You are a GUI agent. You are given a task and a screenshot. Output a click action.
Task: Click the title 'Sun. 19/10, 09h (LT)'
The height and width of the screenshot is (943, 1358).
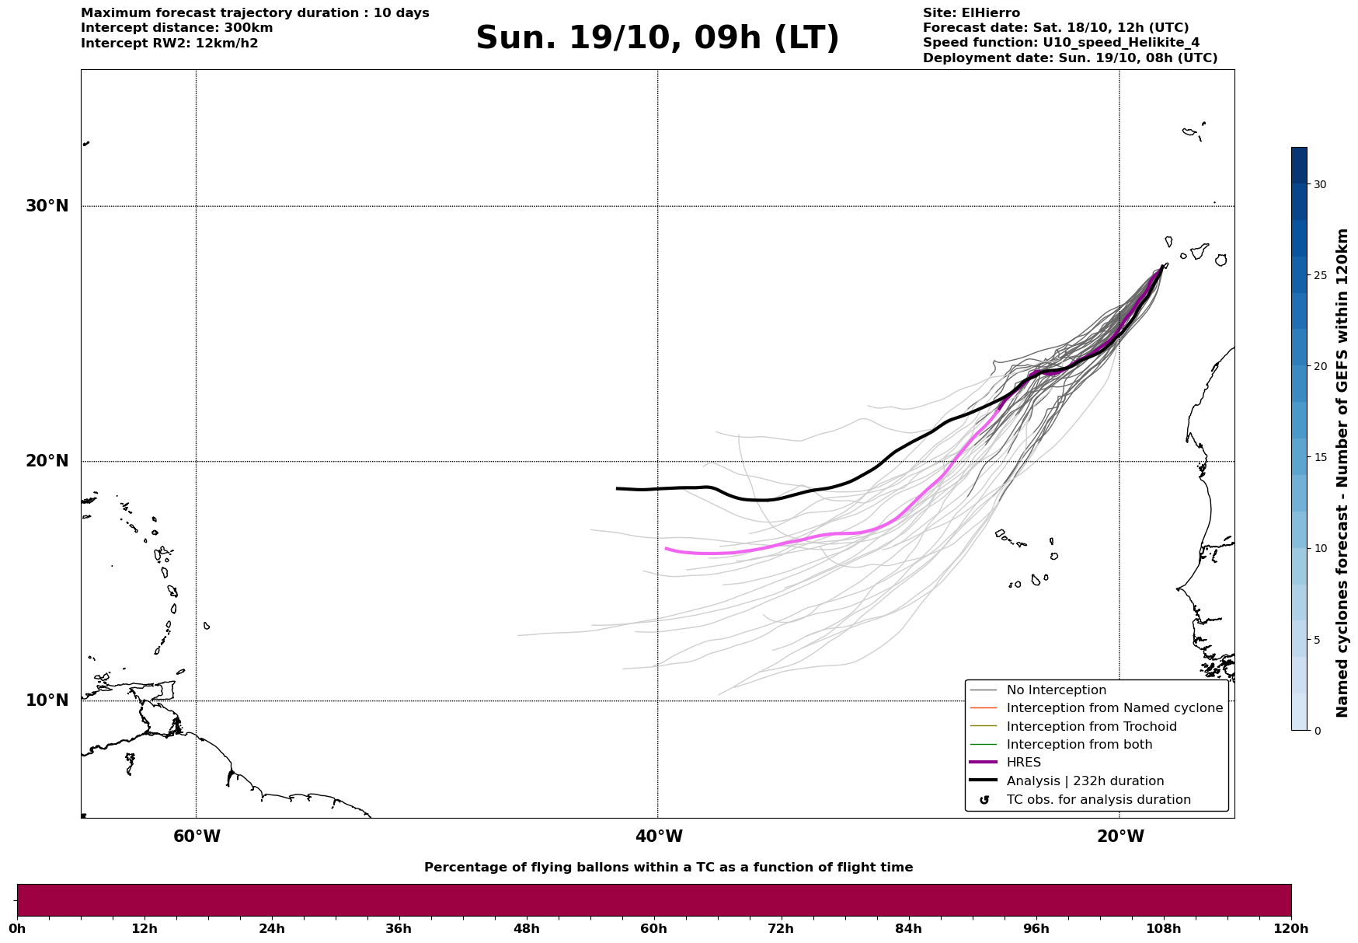tap(657, 38)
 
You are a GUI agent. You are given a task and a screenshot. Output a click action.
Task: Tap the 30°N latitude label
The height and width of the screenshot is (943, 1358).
tap(47, 206)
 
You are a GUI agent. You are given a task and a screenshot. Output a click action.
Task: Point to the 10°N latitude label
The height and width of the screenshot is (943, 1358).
tap(47, 700)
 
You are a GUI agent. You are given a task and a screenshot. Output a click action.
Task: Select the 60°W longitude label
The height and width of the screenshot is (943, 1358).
tap(197, 836)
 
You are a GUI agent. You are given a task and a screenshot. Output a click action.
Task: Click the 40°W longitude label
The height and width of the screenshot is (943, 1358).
tap(659, 836)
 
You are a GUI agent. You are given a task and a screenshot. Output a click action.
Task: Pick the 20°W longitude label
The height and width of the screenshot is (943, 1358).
tap(1120, 836)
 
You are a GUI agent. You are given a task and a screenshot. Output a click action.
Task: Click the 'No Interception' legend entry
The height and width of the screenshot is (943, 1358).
tap(1056, 690)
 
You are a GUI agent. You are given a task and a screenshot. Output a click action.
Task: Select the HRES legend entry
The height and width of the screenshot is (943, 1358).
tap(1023, 763)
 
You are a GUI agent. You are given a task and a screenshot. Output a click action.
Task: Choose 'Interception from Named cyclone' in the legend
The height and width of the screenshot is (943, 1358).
tap(1114, 708)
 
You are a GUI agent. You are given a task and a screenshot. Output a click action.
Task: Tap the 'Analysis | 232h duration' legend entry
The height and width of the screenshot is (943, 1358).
tap(1085, 781)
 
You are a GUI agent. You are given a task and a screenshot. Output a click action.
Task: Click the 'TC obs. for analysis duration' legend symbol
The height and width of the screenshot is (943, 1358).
tap(984, 800)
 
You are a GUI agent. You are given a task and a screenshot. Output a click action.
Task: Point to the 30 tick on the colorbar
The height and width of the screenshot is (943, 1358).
tap(1319, 184)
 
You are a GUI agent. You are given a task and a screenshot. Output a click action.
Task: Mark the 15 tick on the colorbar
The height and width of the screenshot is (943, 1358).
tap(1319, 457)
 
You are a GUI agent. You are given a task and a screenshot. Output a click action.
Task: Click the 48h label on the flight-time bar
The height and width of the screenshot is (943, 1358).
tap(526, 929)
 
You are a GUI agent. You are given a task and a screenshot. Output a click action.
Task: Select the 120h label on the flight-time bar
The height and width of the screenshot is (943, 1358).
tap(1291, 929)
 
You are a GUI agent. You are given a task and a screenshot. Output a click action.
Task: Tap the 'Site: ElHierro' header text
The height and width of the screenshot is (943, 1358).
tap(971, 13)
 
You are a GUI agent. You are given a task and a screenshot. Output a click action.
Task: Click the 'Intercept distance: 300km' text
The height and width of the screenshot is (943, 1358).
tap(176, 28)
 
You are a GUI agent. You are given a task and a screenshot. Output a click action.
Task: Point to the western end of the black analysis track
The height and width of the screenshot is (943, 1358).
tap(617, 488)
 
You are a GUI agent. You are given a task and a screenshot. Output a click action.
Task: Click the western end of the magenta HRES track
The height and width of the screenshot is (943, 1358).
tap(666, 548)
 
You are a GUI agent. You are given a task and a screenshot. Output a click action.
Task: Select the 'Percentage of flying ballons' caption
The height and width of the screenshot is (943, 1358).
tap(668, 868)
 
